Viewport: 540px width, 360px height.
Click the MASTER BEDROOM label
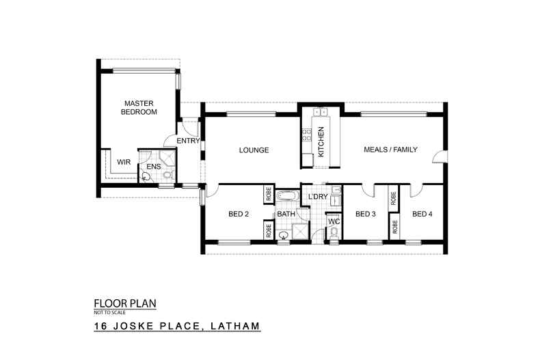pos(139,107)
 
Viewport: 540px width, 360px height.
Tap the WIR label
pos(123,162)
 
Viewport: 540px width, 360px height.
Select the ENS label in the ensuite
pos(154,165)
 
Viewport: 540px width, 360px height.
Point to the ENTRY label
pos(188,141)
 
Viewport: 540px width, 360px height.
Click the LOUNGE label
pos(253,150)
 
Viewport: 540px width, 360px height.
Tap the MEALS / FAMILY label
pos(390,150)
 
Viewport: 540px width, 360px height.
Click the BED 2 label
pos(238,214)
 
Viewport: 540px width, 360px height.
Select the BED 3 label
pos(366,214)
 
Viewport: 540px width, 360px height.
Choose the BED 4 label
pos(422,214)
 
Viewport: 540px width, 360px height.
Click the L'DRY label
pos(319,197)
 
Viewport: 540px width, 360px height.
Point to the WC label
pos(334,221)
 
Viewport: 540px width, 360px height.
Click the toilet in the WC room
pos(334,234)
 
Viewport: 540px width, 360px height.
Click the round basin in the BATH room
pos(284,235)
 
